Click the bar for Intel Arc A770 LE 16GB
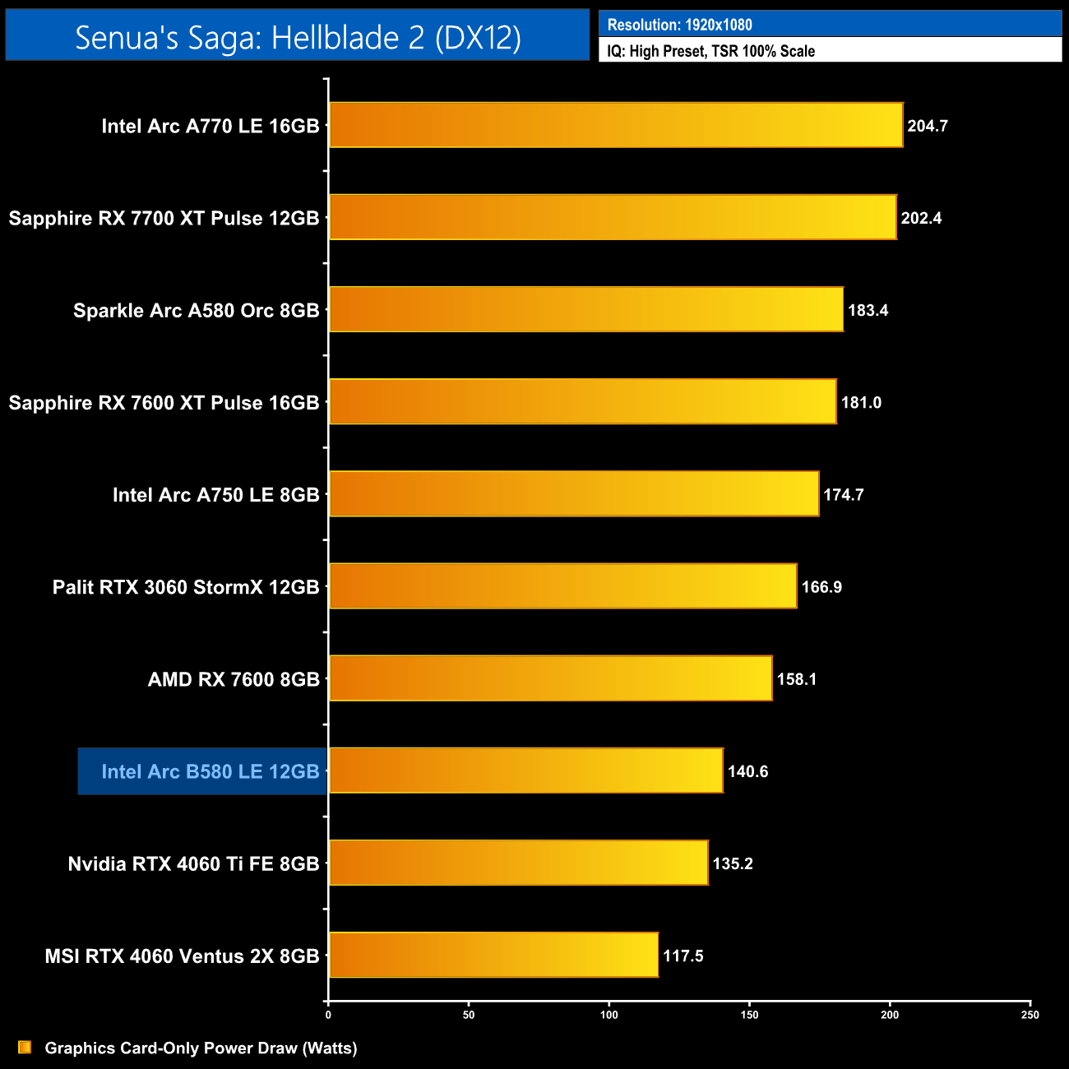616,125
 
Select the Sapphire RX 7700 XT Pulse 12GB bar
613,217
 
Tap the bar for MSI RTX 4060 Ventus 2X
493,955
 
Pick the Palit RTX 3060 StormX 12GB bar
562,586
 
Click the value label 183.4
868,311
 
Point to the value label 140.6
747,771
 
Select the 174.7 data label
843,495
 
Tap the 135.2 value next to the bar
732,863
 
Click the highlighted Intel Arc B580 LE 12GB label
210,771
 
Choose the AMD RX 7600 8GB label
234,679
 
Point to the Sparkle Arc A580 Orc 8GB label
196,311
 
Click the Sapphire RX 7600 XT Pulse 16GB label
164,403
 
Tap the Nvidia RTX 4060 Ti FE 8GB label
193,863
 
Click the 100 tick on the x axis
609,1015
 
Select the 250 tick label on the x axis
1030,1015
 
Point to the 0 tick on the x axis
328,1015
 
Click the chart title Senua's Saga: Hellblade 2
298,37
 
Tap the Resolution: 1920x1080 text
679,25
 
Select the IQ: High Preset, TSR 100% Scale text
710,51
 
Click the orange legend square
25,1047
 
